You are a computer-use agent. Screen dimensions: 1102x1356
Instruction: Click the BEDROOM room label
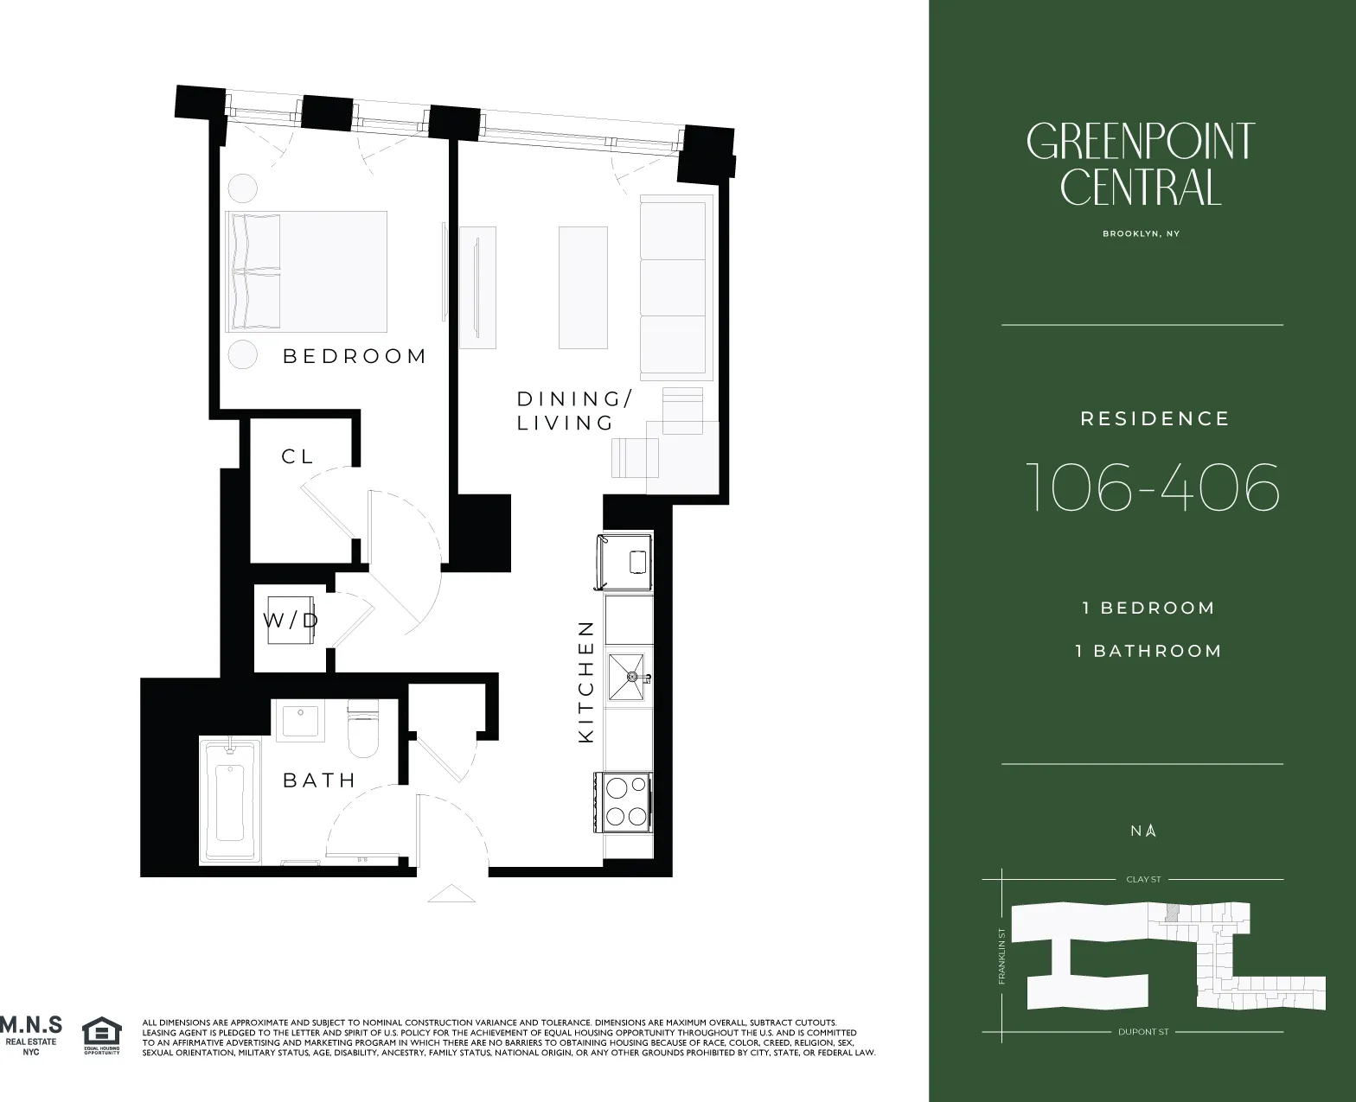(x=355, y=356)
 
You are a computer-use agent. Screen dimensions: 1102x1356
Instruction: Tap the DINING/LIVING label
(x=573, y=411)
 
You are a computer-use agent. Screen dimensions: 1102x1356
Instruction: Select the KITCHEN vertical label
(x=586, y=681)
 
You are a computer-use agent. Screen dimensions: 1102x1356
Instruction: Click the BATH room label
(x=319, y=780)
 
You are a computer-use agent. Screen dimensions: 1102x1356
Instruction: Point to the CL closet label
(x=297, y=456)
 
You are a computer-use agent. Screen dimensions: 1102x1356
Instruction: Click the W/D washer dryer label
(x=291, y=620)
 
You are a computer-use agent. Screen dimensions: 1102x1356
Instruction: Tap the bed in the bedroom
(x=305, y=271)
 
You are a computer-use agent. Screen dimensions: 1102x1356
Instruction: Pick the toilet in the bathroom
(x=363, y=730)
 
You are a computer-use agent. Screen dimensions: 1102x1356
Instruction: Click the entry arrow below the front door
(x=451, y=894)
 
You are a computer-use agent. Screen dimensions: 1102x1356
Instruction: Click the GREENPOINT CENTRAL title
(x=1141, y=164)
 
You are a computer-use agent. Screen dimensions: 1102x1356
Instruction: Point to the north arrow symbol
(x=1151, y=831)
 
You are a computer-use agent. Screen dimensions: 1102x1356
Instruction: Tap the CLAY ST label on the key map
(x=1143, y=879)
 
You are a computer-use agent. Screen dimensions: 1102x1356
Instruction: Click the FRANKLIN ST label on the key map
(x=1001, y=956)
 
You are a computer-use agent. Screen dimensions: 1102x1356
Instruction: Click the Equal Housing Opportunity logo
(x=101, y=1035)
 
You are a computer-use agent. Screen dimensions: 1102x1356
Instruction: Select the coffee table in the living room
(x=583, y=287)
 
